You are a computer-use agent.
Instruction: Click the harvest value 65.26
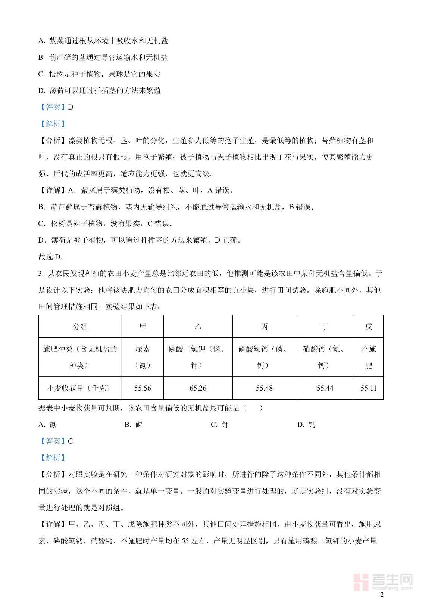[x=198, y=388]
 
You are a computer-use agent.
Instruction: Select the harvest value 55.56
[x=143, y=388]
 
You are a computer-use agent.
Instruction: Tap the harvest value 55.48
[x=264, y=388]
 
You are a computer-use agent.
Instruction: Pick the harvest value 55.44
[x=325, y=388]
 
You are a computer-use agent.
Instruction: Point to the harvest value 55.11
[x=369, y=388]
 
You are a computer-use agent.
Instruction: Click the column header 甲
[x=143, y=327]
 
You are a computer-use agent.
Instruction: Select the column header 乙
[x=198, y=327]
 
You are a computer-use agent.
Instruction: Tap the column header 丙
[x=264, y=327]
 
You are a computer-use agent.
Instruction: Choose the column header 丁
[x=325, y=327]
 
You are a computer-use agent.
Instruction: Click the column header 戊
[x=369, y=327]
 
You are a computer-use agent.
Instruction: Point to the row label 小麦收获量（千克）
[x=80, y=388]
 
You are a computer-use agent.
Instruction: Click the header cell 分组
[x=80, y=327]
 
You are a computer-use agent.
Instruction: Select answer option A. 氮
[x=48, y=425]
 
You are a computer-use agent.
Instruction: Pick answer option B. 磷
[x=134, y=425]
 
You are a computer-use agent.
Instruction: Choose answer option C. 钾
[x=220, y=425]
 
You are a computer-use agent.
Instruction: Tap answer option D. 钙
[x=306, y=425]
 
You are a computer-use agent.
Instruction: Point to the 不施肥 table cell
[x=369, y=357]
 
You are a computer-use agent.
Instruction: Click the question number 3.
[x=40, y=274]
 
